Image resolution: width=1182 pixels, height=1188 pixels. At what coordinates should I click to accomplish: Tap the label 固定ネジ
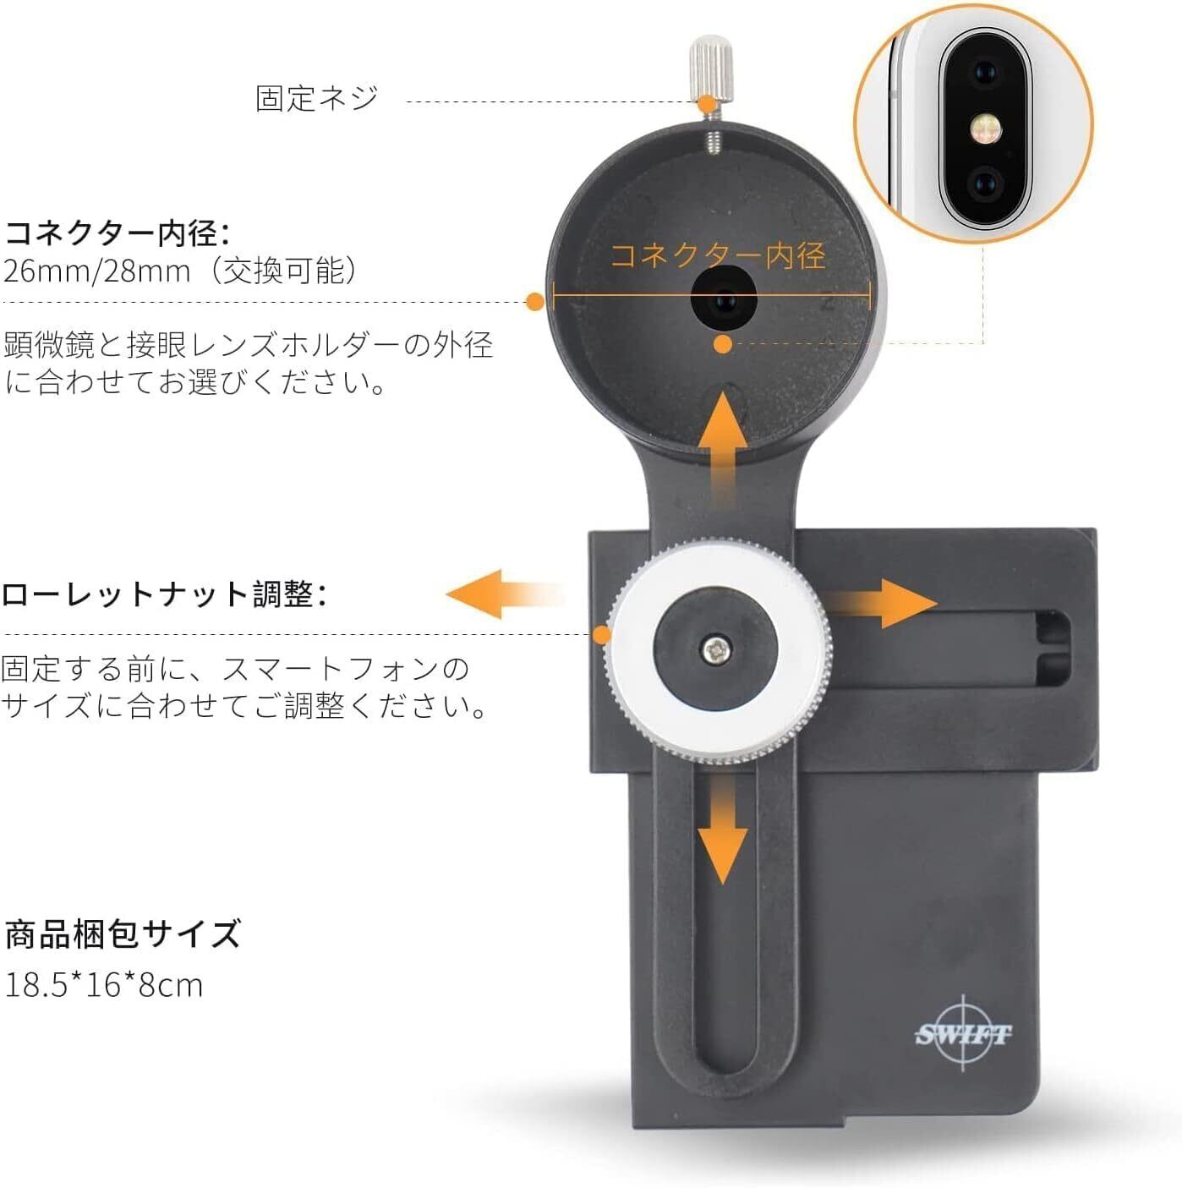[317, 98]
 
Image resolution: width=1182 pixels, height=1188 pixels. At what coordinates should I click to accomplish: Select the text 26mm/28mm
[97, 271]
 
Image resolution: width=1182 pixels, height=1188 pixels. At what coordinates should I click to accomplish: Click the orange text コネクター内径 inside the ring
[717, 255]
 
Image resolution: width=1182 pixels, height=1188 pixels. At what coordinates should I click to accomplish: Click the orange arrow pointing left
[490, 594]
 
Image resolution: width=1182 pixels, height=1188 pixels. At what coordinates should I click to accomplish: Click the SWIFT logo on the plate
[963, 1033]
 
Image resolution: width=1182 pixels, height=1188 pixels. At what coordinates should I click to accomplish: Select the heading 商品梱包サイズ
[123, 934]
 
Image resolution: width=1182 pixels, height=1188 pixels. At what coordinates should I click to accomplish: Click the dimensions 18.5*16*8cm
[104, 985]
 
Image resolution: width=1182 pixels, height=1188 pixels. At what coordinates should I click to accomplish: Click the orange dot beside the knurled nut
[602, 634]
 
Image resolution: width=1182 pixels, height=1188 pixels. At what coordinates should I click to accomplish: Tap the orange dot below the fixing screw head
[706, 103]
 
